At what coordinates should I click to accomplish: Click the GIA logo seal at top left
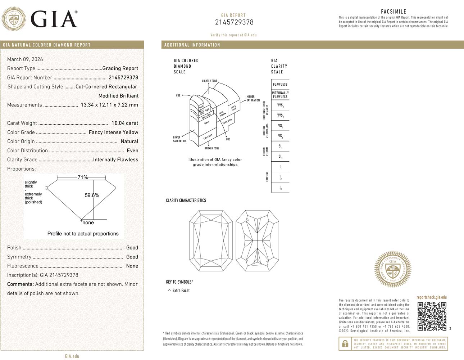point(14,19)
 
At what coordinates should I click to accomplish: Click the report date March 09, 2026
point(25,59)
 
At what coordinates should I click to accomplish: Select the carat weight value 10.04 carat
point(124,123)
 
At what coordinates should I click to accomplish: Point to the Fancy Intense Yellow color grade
point(113,132)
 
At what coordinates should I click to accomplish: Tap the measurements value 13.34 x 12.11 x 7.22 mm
point(109,105)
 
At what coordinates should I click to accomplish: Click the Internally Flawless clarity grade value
point(115,159)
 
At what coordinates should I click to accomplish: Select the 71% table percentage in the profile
point(83,177)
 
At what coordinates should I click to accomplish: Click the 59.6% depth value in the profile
point(92,195)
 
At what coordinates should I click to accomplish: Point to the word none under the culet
point(88,222)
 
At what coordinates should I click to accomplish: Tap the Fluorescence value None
point(132,266)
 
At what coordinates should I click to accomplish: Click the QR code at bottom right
point(432,316)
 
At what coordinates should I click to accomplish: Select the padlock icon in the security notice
point(345,344)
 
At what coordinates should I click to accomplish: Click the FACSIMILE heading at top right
point(393,12)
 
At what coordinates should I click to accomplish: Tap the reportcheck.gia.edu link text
point(431,297)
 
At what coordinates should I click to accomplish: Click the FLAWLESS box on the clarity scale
point(280,84)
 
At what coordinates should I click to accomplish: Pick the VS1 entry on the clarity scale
point(280,126)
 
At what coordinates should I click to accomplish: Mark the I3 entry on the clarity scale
point(280,188)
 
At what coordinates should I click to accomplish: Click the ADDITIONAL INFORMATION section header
point(192,45)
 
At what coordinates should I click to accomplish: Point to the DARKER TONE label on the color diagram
point(211,148)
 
